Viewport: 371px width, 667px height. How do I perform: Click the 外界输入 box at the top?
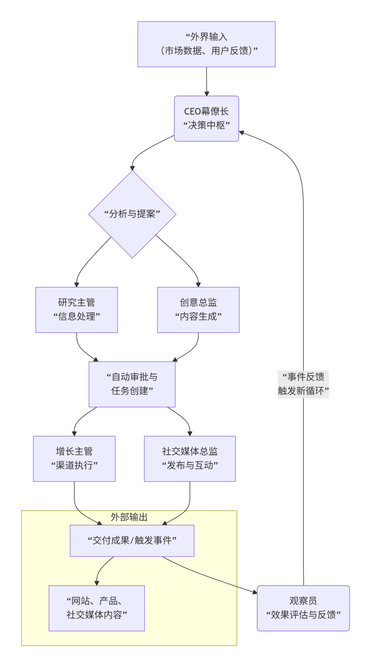[206, 44]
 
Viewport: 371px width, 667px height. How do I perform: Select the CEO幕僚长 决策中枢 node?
[206, 119]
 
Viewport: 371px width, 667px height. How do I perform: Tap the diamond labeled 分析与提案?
[132, 214]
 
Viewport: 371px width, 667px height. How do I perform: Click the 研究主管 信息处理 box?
[77, 310]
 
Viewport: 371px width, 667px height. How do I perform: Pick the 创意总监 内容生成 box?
[198, 310]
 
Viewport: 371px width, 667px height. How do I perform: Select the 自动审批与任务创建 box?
[132, 384]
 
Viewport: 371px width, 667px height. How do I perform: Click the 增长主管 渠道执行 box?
[74, 459]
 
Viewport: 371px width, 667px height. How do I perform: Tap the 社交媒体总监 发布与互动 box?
[190, 459]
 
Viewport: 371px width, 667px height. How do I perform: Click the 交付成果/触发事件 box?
[132, 541]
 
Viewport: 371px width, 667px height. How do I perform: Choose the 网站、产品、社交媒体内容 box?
[97, 608]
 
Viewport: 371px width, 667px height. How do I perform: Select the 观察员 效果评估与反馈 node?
[303, 608]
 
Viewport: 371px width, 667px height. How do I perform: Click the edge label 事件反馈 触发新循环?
[303, 384]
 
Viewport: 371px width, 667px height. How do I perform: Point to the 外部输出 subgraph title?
[129, 517]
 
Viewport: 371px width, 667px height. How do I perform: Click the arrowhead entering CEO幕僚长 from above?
[207, 94]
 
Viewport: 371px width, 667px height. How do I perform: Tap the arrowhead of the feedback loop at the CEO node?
[241, 133]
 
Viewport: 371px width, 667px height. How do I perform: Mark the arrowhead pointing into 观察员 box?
[255, 592]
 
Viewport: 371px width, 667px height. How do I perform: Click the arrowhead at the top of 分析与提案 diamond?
[132, 168]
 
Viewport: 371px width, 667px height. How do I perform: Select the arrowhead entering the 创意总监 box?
[198, 285]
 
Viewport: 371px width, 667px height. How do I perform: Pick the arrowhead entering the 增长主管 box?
[74, 433]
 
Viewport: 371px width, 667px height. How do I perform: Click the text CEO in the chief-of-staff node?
[192, 112]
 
